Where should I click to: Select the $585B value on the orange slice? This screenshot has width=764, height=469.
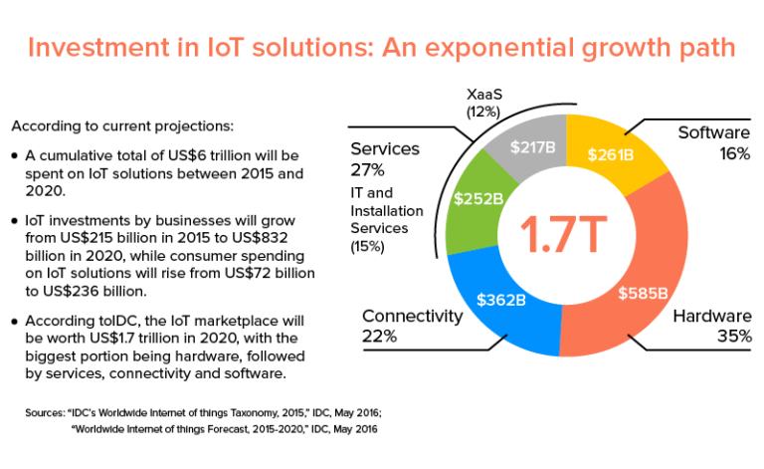pyautogui.click(x=644, y=293)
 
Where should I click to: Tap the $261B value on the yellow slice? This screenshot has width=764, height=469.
pyautogui.click(x=611, y=154)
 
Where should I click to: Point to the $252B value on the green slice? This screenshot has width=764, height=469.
pyautogui.click(x=477, y=198)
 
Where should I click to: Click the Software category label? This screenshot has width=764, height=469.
pyautogui.click(x=714, y=132)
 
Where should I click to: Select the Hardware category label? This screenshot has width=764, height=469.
pyautogui.click(x=712, y=316)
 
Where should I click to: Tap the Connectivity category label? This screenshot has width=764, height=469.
pyautogui.click(x=412, y=316)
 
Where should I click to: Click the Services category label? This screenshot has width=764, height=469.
pyautogui.click(x=384, y=148)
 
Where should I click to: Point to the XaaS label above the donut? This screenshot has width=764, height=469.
pyautogui.click(x=485, y=94)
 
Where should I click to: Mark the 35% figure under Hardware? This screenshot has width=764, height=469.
pyautogui.click(x=733, y=337)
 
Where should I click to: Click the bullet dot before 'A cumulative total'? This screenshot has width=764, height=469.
pyautogui.click(x=14, y=156)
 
